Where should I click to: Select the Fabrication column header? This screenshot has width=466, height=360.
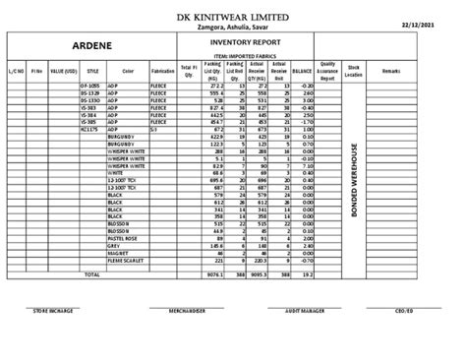[163, 72]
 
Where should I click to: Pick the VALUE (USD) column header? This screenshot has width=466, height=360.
[64, 72]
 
